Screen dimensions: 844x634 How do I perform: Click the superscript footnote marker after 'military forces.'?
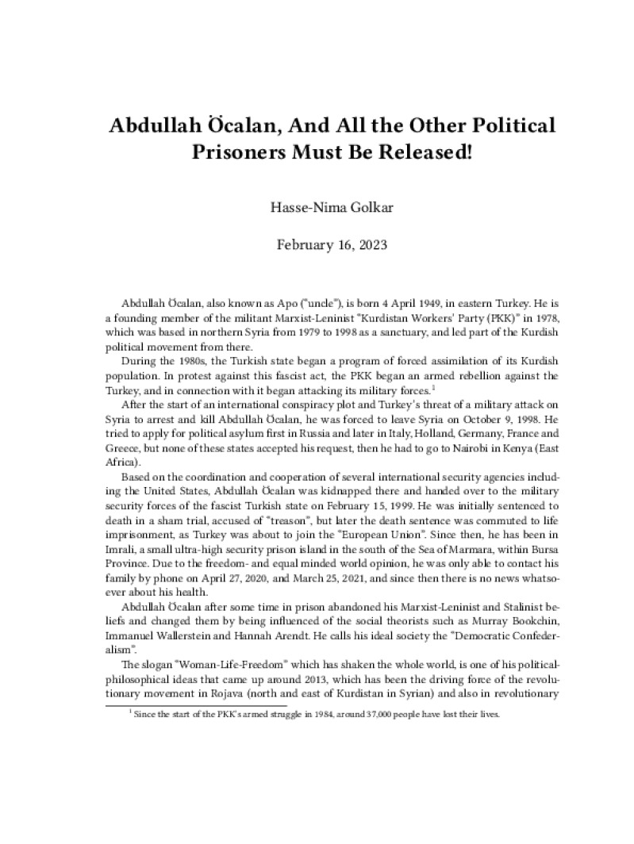(433, 387)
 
